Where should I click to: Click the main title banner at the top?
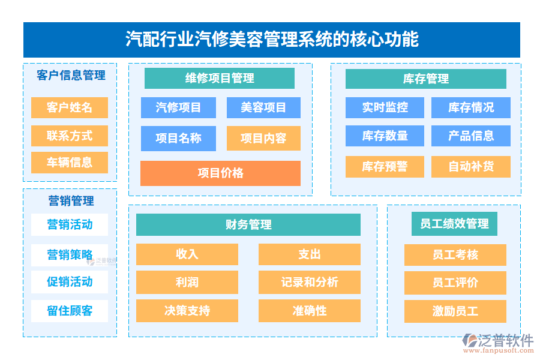(271, 40)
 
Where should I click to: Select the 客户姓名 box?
(70, 108)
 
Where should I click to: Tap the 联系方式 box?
(70, 136)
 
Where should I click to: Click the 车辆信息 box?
(70, 163)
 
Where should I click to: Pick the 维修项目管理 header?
(220, 79)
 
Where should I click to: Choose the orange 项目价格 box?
(220, 173)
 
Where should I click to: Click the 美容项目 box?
(263, 108)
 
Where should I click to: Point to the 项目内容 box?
(263, 139)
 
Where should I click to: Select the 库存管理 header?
(426, 79)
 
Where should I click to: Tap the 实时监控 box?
(385, 108)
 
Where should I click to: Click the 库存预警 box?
(385, 167)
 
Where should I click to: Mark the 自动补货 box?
(471, 167)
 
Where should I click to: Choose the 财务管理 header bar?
(248, 225)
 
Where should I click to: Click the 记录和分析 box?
(310, 283)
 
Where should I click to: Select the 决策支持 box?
(187, 311)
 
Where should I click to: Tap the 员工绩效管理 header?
(455, 224)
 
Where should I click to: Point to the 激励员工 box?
(455, 311)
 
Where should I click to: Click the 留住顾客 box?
(70, 311)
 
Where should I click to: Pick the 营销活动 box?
(70, 225)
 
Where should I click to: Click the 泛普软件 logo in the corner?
(498, 342)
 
